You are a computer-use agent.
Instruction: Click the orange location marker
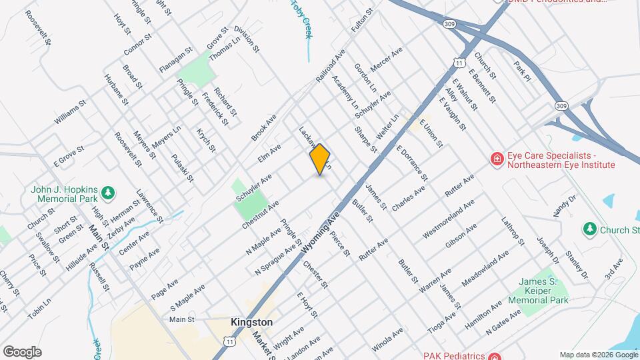pyautogui.click(x=320, y=159)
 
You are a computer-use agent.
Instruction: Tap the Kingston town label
pyautogui.click(x=251, y=322)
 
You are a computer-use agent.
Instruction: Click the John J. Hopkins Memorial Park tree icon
pyautogui.click(x=107, y=193)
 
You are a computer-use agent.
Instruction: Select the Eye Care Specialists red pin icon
pyautogui.click(x=496, y=159)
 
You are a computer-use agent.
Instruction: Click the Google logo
pyautogui.click(x=22, y=351)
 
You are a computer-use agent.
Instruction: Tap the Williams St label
pyautogui.click(x=71, y=113)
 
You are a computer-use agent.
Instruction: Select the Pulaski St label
pyautogui.click(x=182, y=167)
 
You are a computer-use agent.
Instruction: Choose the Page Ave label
pyautogui.click(x=165, y=288)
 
